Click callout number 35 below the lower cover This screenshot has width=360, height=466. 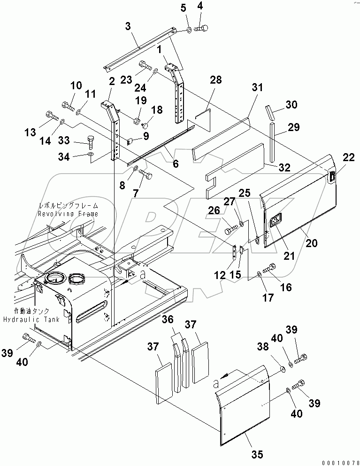point(257,454)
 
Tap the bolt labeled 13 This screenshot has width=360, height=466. point(51,115)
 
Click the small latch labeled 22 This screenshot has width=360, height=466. point(332,177)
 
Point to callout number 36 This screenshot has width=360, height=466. point(168,319)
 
